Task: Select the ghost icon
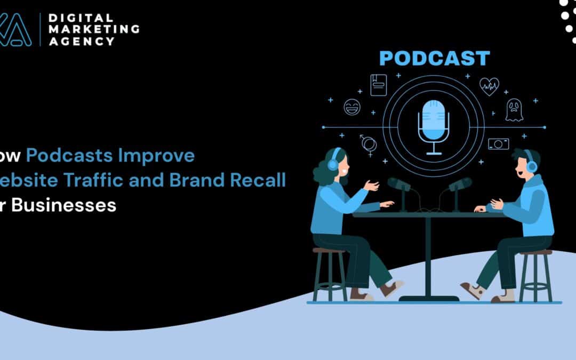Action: coord(514,110)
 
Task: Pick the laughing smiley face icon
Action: coord(351,106)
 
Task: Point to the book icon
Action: coord(378,84)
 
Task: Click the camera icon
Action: coord(498,143)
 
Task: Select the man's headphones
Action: coord(531,163)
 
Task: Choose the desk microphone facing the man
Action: coord(459,185)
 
